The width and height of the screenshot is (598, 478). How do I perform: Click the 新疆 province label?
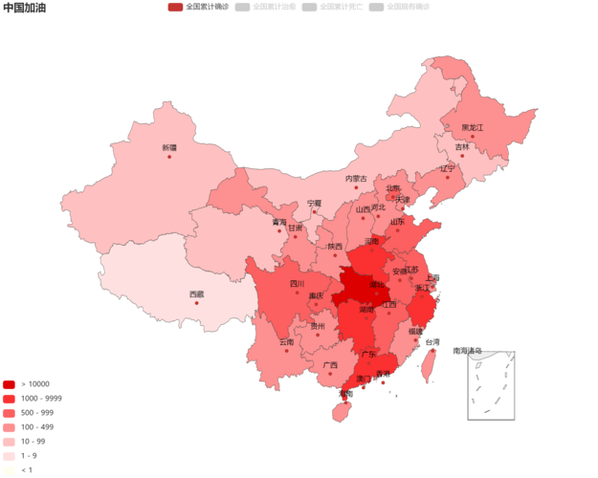(x=169, y=147)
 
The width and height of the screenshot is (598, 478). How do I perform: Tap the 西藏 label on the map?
(x=196, y=293)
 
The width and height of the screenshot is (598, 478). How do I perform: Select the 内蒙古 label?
(x=356, y=178)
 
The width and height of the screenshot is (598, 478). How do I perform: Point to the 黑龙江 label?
(x=473, y=127)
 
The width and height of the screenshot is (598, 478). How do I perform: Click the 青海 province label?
(x=278, y=222)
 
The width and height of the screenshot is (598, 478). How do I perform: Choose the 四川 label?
(x=297, y=283)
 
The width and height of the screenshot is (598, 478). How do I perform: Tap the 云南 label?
(x=287, y=341)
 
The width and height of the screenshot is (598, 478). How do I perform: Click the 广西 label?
(x=329, y=364)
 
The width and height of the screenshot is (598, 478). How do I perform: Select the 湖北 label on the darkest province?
(x=377, y=284)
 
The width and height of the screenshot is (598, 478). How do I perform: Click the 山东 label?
(x=397, y=221)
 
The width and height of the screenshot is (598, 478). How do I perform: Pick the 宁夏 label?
(x=315, y=203)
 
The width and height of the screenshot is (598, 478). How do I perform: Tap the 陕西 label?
(x=335, y=246)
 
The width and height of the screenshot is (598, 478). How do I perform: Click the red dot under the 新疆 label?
(x=169, y=156)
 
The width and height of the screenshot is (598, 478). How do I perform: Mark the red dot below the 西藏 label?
(x=196, y=302)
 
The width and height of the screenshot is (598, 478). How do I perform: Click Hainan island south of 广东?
(x=340, y=412)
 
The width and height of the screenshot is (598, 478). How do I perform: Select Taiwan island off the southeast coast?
(x=430, y=364)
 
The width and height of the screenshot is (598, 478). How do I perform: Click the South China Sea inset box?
(x=491, y=385)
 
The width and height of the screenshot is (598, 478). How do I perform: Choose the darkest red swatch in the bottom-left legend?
(x=9, y=383)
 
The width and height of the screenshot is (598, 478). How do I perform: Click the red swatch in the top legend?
(x=175, y=7)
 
